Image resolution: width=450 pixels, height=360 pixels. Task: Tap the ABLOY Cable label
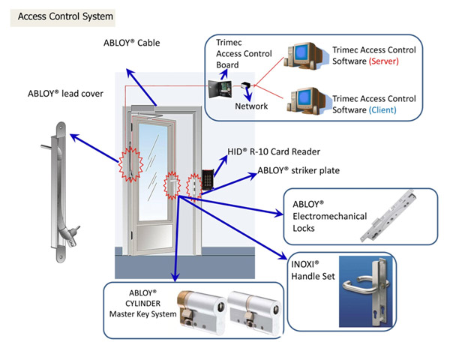coord(131,43)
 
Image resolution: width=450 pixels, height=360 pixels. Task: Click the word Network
coord(251,106)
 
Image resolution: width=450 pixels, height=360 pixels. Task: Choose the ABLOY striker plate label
coord(298,170)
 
